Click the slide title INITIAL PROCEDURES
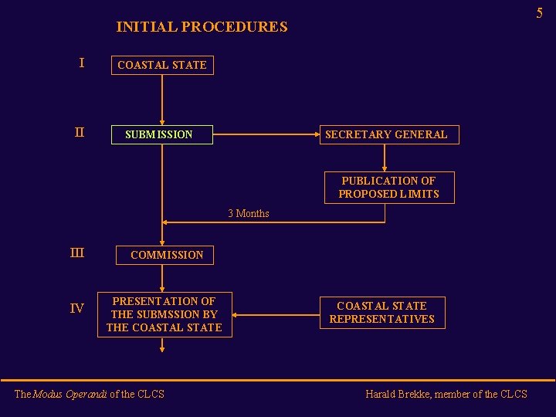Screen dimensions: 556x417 pos(202,27)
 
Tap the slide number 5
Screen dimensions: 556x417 pos(539,12)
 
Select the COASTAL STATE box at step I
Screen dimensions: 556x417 pos(162,65)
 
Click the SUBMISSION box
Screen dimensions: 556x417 pos(162,134)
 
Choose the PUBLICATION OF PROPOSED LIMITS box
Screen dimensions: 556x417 pos(388,187)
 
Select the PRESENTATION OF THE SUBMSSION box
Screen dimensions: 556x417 pos(164,314)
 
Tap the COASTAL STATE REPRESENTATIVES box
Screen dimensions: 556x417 pos(382,312)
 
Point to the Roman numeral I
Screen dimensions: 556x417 pos(81,63)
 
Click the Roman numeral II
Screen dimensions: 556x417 pos(79,133)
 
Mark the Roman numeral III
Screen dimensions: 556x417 pos(77,253)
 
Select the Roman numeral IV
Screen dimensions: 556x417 pos(77,309)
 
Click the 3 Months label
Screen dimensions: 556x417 pos(249,214)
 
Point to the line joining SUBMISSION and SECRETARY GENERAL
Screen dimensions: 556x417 pos(266,134)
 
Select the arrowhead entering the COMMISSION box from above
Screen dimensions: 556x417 pos(162,242)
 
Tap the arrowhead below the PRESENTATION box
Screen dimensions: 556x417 pos(162,349)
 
